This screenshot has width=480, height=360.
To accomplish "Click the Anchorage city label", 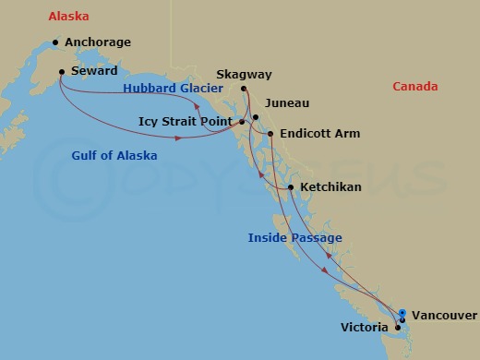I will click(x=99, y=42).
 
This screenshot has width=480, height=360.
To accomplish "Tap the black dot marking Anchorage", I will click(x=56, y=42).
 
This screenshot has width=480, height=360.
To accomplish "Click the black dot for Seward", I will click(x=61, y=72).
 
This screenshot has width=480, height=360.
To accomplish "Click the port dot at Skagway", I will click(x=245, y=89).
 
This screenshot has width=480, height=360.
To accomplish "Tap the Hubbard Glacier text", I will click(x=173, y=89).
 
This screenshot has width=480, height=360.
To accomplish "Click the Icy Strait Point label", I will click(x=186, y=121).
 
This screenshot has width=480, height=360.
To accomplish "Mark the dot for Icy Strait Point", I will click(x=242, y=121).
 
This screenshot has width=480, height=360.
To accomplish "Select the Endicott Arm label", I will click(x=320, y=134).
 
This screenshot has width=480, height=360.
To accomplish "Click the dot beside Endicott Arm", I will click(x=270, y=135).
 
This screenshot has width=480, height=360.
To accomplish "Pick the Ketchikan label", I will click(x=330, y=187).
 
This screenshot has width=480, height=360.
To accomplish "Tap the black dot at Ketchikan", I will click(x=292, y=188).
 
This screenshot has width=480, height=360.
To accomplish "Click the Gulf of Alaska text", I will click(x=114, y=156).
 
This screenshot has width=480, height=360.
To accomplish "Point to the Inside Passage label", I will click(x=295, y=238).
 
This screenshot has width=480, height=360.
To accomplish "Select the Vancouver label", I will click(x=444, y=315).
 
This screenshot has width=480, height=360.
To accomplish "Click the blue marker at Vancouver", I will click(x=402, y=313).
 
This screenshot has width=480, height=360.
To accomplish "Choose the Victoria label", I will click(x=364, y=328).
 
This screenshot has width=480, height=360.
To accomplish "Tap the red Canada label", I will click(x=415, y=87).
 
